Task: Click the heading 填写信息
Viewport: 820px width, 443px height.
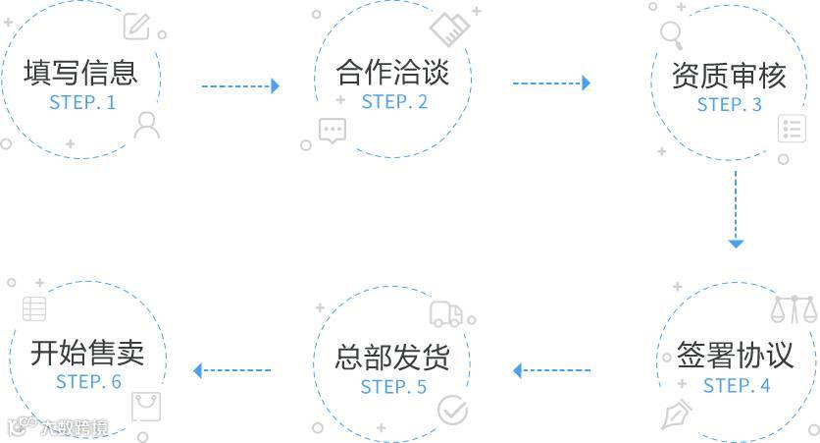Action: pyautogui.click(x=80, y=73)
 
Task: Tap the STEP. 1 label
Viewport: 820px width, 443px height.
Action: pyautogui.click(x=82, y=102)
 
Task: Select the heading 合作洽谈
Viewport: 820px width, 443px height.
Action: pyautogui.click(x=392, y=73)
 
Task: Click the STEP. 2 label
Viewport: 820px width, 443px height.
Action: pyautogui.click(x=394, y=102)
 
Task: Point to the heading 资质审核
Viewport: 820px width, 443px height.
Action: pyautogui.click(x=729, y=76)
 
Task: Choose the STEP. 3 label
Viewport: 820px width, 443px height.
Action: pyautogui.click(x=730, y=105)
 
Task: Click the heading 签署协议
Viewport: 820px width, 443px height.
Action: pyautogui.click(x=735, y=356)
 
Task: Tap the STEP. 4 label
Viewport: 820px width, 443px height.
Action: pyautogui.click(x=737, y=385)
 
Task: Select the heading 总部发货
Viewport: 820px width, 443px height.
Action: pyautogui.click(x=392, y=357)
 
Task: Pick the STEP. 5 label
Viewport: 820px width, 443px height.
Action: pyautogui.click(x=393, y=386)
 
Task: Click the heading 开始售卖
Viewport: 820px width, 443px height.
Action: pyautogui.click(x=87, y=352)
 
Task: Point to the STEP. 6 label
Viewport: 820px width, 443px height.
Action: pyautogui.click(x=88, y=381)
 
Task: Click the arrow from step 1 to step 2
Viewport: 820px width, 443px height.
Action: pyautogui.click(x=240, y=86)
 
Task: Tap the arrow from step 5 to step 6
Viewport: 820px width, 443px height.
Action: pyautogui.click(x=231, y=371)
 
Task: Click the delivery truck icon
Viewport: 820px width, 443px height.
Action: pyautogui.click(x=446, y=314)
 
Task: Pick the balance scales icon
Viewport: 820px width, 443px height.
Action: pyautogui.click(x=794, y=309)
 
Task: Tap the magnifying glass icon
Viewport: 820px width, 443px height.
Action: pyautogui.click(x=672, y=34)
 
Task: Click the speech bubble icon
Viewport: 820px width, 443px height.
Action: pyautogui.click(x=332, y=131)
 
